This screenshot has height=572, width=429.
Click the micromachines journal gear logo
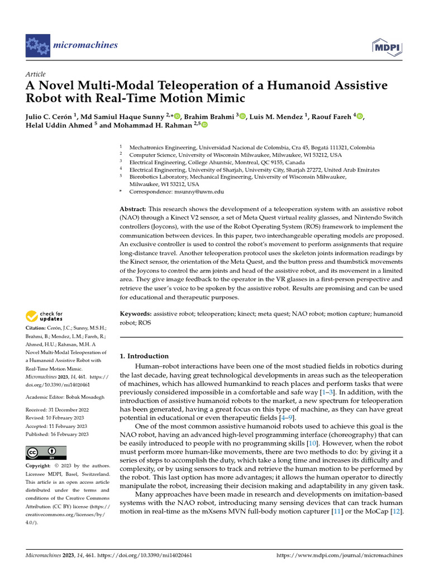pyautogui.click(x=38, y=45)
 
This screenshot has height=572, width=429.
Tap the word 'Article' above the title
pyautogui.click(x=36, y=74)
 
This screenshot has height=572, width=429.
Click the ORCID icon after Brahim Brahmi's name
pyautogui.click(x=242, y=116)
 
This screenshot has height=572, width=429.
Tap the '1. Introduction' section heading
pyautogui.click(x=145, y=356)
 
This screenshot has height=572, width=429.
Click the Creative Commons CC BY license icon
pyautogui.click(x=46, y=452)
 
